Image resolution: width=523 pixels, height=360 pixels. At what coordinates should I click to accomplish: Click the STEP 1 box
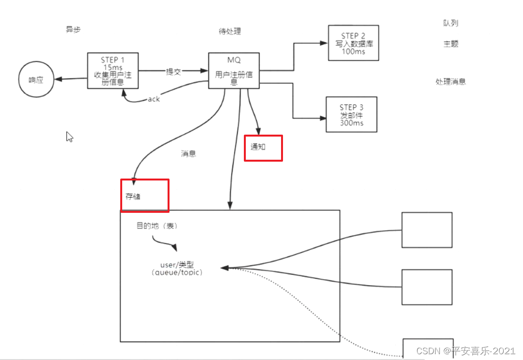tap(113, 70)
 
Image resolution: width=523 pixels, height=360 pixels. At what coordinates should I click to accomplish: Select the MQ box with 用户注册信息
tap(234, 70)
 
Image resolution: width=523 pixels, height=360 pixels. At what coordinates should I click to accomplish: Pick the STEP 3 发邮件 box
tap(351, 115)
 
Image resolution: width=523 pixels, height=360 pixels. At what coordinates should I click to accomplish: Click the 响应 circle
tap(36, 80)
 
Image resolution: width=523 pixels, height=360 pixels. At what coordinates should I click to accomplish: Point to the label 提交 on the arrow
tap(173, 71)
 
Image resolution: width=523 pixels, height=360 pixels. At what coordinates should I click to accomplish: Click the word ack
tap(154, 99)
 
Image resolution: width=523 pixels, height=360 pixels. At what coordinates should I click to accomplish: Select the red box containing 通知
tap(263, 148)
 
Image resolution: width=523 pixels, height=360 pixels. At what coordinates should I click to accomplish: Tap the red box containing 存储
tap(144, 195)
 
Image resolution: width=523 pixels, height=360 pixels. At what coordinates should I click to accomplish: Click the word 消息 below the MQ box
tap(188, 154)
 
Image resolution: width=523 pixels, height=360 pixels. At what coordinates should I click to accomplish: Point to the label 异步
tap(73, 29)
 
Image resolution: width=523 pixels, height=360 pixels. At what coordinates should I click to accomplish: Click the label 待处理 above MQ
tap(230, 31)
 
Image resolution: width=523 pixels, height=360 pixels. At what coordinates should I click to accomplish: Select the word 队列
tap(451, 23)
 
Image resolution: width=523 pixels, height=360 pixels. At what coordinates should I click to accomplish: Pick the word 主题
tap(451, 44)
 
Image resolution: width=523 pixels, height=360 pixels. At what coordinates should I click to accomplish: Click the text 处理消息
tap(451, 82)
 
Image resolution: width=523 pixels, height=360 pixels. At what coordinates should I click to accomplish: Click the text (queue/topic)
tap(177, 272)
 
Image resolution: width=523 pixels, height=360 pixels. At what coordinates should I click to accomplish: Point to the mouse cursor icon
tap(69, 137)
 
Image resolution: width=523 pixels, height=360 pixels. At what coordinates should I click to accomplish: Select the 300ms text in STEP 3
tap(352, 123)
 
